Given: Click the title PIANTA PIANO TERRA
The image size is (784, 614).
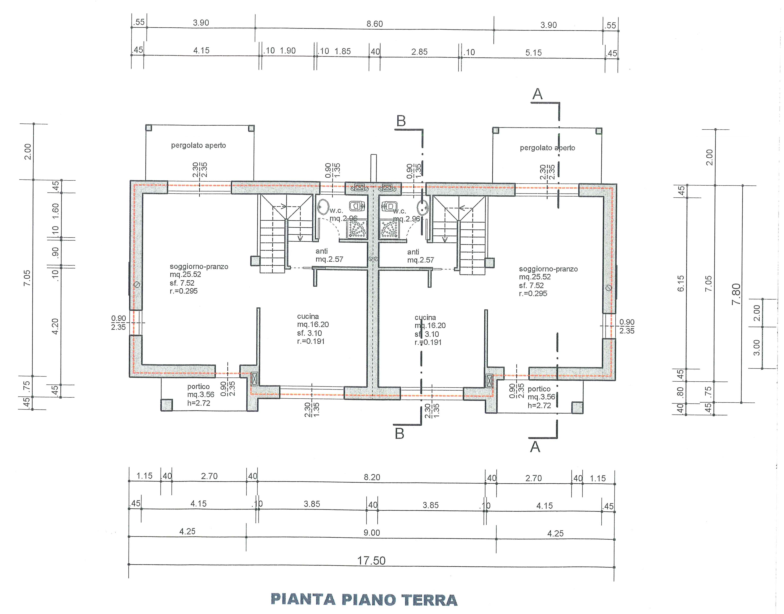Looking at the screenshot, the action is pyautogui.click(x=364, y=600).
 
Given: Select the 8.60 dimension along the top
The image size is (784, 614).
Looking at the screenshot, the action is pyautogui.click(x=375, y=24).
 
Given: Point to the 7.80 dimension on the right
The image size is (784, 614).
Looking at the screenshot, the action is pyautogui.click(x=736, y=294).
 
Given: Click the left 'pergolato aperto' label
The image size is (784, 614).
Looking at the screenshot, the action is pyautogui.click(x=198, y=145).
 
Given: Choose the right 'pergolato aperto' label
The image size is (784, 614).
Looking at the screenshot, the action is pyautogui.click(x=547, y=148).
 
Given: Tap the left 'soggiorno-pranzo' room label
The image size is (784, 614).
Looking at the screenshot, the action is pyautogui.click(x=199, y=266).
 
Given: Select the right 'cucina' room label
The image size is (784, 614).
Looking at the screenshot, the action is pyautogui.click(x=425, y=317).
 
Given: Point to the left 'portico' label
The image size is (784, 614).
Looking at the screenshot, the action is pyautogui.click(x=198, y=387).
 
